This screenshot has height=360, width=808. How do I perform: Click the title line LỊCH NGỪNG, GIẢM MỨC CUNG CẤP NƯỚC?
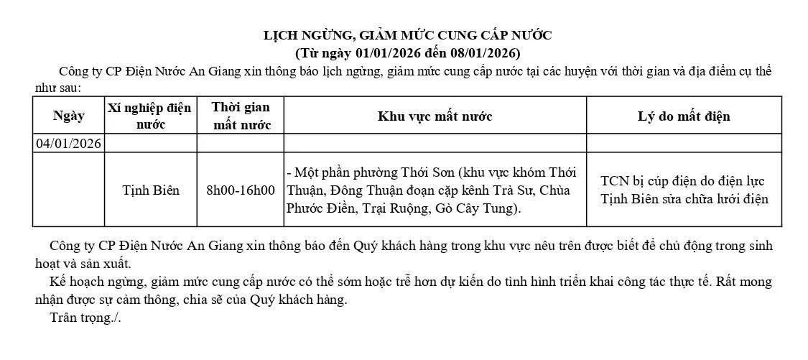[407, 35]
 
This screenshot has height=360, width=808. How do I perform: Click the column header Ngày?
[69, 116]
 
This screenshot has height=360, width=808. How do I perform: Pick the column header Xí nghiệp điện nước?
[150, 116]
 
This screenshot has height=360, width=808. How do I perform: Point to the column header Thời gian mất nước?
[241, 116]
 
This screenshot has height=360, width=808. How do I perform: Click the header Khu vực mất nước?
[435, 116]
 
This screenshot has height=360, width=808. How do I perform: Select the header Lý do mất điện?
[684, 116]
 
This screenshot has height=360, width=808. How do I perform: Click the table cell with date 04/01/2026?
[69, 144]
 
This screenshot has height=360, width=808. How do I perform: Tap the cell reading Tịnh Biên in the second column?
[151, 190]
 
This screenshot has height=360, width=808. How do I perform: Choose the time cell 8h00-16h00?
[241, 190]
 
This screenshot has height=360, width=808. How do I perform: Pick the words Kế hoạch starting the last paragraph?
[75, 282]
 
